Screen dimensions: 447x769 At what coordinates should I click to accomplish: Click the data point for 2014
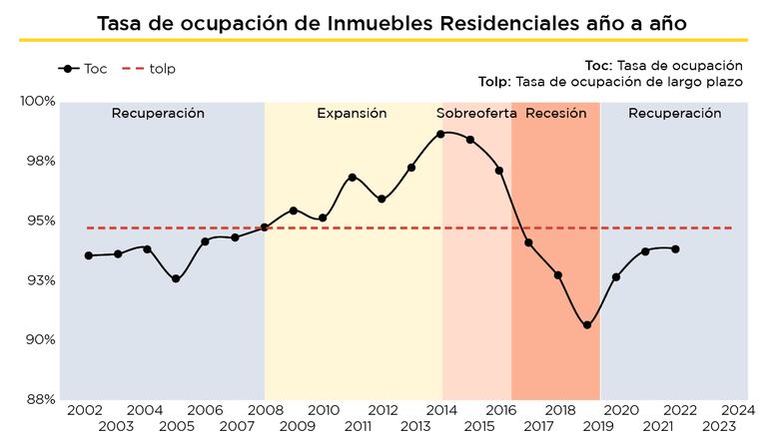[x=440, y=134]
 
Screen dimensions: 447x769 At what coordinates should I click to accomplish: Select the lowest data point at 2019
[x=587, y=325]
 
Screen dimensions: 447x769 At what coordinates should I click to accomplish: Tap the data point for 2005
[x=176, y=278]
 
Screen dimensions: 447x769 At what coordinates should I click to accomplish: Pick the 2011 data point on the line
[x=353, y=178]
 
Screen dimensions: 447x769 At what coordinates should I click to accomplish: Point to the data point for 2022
[x=676, y=249]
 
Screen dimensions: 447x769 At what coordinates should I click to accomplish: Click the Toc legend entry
[x=84, y=69]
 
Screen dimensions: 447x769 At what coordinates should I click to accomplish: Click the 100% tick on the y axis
[x=39, y=102]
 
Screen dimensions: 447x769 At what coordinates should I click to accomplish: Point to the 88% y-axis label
[x=41, y=399]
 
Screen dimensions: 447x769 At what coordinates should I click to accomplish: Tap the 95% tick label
[x=41, y=221]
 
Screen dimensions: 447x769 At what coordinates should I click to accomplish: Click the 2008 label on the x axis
[x=265, y=410]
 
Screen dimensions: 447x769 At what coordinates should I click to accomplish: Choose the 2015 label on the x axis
[x=479, y=426]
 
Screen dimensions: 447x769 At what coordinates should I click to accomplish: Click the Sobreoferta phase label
[x=476, y=114]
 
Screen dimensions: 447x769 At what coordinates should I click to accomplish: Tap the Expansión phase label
[x=352, y=114]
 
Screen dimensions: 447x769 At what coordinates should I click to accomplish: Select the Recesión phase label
[x=555, y=114]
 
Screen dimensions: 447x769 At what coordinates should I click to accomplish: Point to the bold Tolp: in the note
[x=495, y=82]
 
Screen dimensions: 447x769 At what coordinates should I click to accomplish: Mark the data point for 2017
[x=528, y=242]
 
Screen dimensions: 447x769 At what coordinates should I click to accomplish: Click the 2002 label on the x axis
[x=86, y=410]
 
